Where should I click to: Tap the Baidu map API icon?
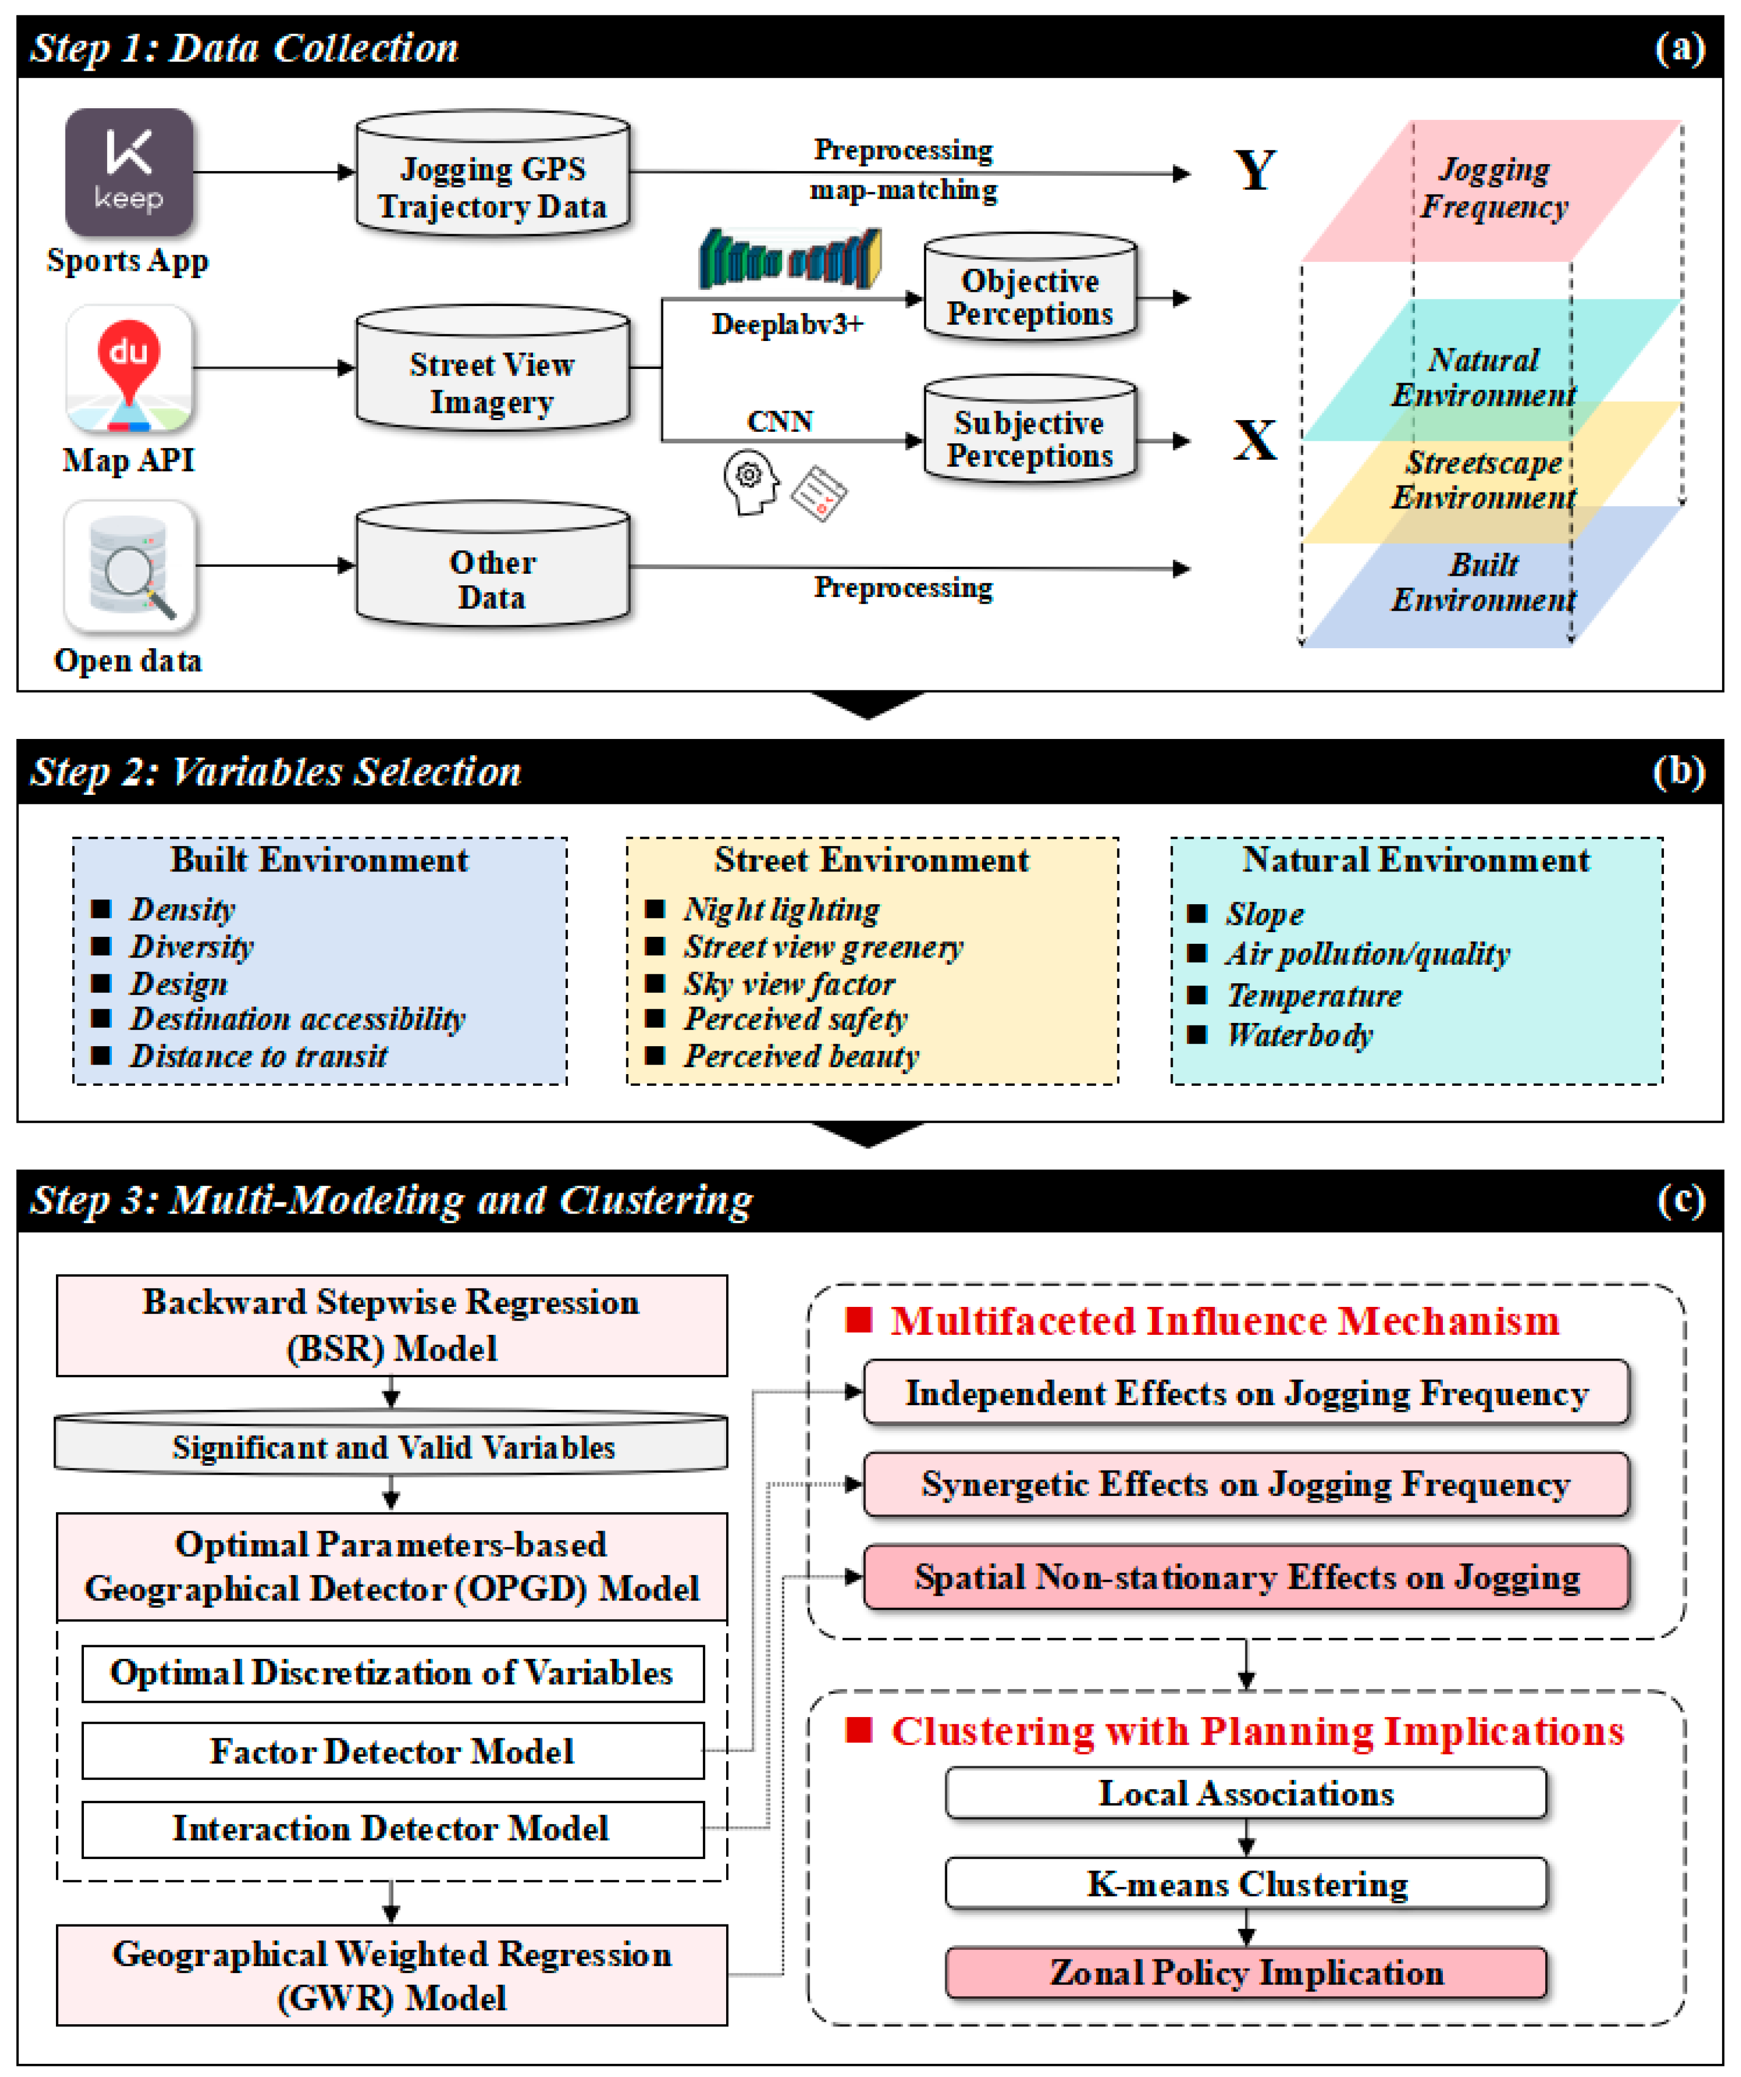pos(129,368)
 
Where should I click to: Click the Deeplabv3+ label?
pos(788,325)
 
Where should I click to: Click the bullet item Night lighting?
pos(781,909)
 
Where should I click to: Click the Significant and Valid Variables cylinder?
pos(393,1446)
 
